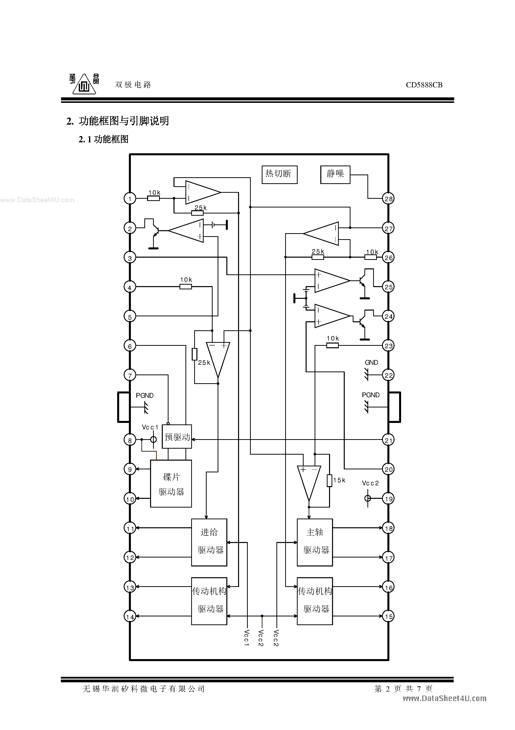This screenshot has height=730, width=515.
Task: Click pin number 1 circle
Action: point(130,199)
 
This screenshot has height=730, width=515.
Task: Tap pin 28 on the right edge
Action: point(388,199)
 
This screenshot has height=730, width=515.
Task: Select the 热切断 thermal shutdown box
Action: point(279,174)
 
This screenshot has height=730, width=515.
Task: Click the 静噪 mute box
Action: point(335,174)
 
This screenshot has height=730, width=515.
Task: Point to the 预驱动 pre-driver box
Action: point(177,437)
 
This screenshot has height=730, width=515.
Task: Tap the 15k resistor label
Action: point(340,480)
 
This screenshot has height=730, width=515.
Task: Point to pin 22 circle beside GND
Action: point(388,375)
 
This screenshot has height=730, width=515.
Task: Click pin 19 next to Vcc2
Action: point(388,499)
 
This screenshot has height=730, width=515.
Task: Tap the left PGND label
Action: point(145,395)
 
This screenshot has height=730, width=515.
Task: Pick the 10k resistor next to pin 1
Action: point(154,198)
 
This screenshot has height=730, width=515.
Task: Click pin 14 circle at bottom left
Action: point(130,616)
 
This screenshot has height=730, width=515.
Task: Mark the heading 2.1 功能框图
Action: point(103,139)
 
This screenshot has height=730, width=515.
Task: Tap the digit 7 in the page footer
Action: point(419,689)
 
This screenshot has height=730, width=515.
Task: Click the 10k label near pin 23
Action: point(333,339)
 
